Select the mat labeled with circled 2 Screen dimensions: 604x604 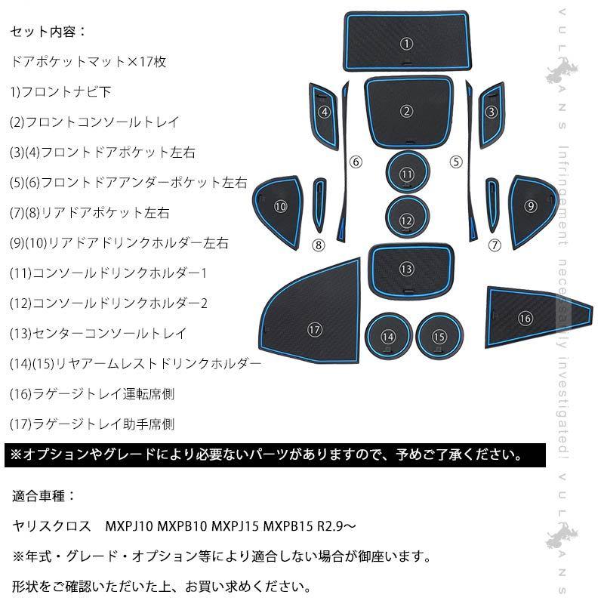click(407, 112)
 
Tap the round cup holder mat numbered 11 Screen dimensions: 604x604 click(407, 174)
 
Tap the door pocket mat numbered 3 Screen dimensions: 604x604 click(492, 112)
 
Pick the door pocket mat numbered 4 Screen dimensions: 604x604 click(325, 112)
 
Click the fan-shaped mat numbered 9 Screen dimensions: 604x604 click(531, 205)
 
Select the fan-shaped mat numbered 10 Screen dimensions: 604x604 click(280, 205)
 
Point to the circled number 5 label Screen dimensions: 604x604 click(455, 161)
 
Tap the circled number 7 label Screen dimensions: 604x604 click(495, 244)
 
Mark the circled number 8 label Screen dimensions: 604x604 click(318, 244)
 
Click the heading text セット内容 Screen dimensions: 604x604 click(49, 33)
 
